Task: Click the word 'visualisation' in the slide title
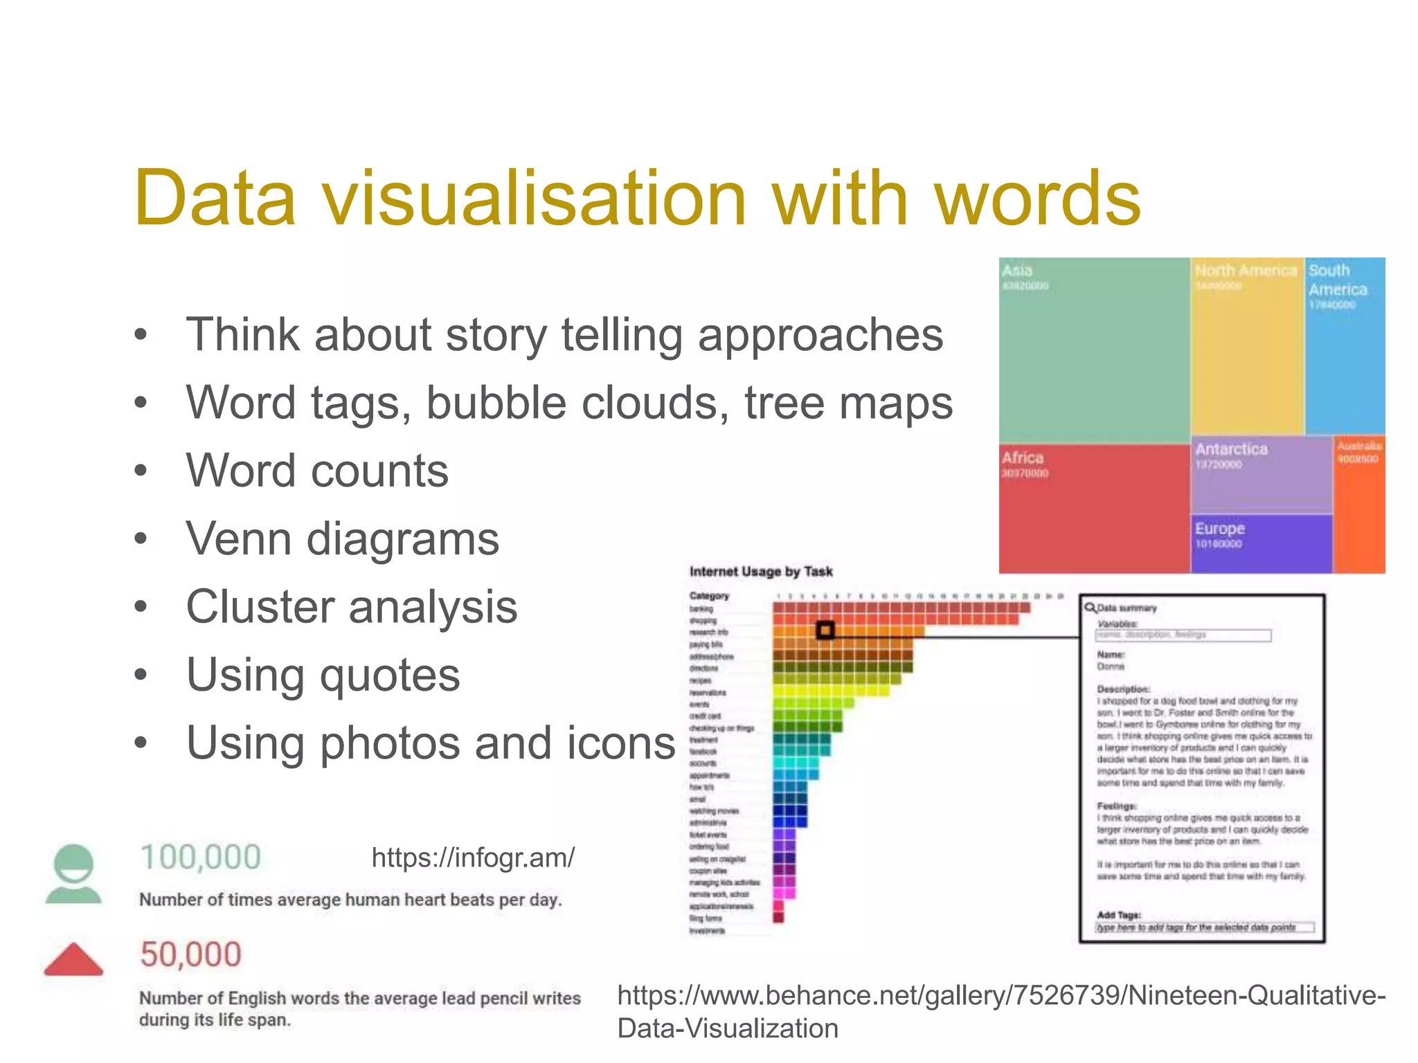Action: click(x=533, y=199)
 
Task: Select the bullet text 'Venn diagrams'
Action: click(x=342, y=539)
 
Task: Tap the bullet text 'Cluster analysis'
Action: click(x=352, y=607)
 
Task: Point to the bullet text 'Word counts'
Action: click(x=317, y=471)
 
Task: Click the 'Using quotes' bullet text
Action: click(x=323, y=675)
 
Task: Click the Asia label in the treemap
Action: click(x=1017, y=271)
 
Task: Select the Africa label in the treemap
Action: click(x=1022, y=458)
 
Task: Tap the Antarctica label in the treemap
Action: click(x=1231, y=449)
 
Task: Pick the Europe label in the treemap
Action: click(x=1219, y=529)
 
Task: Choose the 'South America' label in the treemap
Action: click(x=1337, y=280)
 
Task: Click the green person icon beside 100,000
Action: click(x=73, y=873)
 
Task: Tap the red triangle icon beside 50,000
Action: click(x=73, y=959)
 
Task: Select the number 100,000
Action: click(x=200, y=857)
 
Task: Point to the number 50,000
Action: click(x=190, y=955)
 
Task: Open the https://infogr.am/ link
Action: click(x=473, y=858)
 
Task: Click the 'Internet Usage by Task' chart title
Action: click(x=760, y=572)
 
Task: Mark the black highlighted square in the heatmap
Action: click(x=825, y=630)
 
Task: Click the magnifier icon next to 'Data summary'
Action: click(x=1091, y=608)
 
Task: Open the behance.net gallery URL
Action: click(x=1000, y=1011)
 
